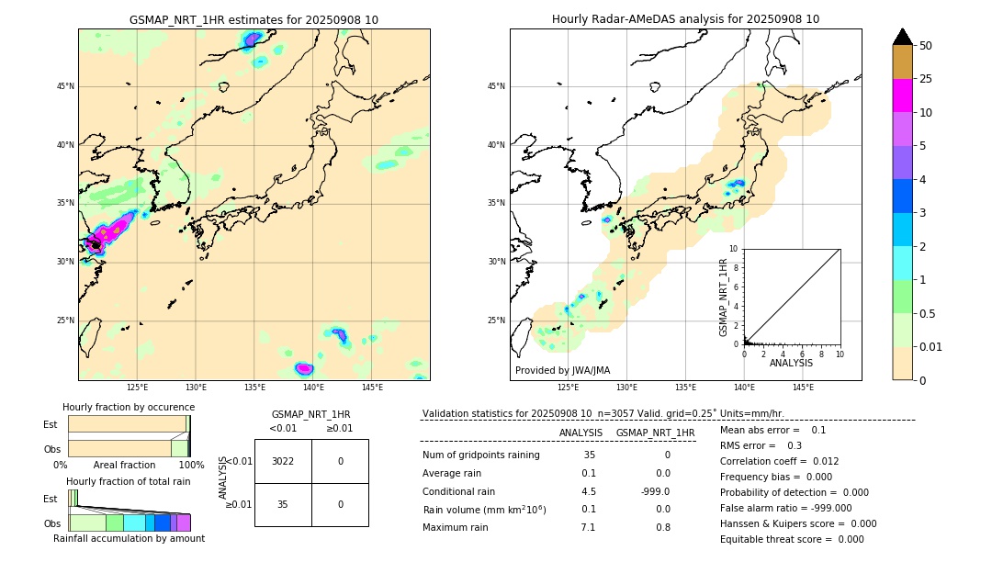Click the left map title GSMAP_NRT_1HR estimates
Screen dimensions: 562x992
click(254, 19)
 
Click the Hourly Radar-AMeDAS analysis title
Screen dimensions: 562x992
click(685, 19)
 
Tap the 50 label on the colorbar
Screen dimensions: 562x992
click(926, 46)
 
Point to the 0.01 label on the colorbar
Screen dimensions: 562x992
click(931, 346)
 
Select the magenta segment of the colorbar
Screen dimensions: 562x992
click(902, 96)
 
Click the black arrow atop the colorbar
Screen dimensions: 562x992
click(902, 37)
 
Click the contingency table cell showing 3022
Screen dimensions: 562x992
click(283, 461)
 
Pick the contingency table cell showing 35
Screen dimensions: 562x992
click(283, 504)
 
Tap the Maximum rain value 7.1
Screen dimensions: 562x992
click(588, 527)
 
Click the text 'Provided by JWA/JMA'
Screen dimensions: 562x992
click(562, 371)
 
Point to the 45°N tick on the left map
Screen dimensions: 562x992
click(65, 86)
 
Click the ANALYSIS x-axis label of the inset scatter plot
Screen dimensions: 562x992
click(791, 363)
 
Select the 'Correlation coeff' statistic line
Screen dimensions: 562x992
click(780, 461)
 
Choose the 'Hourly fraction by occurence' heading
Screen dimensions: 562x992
click(129, 407)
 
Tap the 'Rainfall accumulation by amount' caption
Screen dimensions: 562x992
click(129, 538)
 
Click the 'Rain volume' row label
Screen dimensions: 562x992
click(484, 510)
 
